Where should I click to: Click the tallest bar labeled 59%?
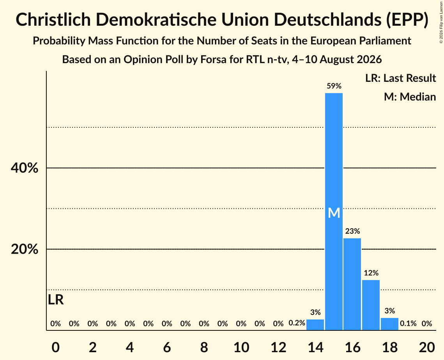point(334,212)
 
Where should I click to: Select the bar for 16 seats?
point(352,284)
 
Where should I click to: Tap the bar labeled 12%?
point(371,305)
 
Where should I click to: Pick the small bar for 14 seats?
point(315,325)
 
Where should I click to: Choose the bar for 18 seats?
point(390,324)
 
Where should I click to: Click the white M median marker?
point(334,213)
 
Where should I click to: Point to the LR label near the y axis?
point(56,300)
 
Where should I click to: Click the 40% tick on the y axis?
point(25,168)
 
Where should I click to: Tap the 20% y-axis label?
point(25,249)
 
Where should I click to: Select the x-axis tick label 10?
point(241,347)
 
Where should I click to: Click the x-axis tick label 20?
point(427,347)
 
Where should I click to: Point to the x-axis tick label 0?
point(55,347)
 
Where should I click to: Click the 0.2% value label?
point(297,323)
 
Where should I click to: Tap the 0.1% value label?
point(408,323)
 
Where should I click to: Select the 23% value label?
point(352,231)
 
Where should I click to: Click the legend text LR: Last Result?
point(401,78)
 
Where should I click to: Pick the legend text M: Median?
point(410,97)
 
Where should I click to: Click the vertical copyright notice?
point(441,22)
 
